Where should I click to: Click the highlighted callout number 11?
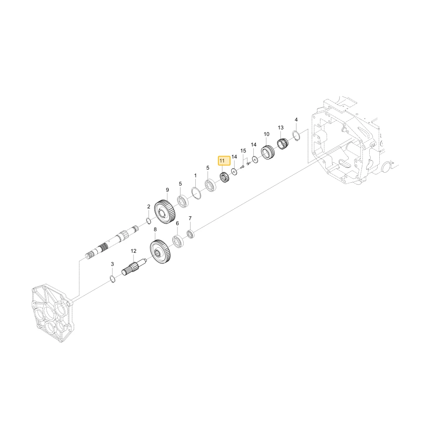(222, 161)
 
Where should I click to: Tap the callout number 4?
(296, 119)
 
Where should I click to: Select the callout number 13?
(280, 128)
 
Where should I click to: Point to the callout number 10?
(266, 134)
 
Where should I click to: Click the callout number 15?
(243, 151)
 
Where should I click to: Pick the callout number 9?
(167, 190)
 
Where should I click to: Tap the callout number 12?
(133, 251)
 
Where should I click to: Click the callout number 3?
(112, 264)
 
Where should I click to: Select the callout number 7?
(190, 218)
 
